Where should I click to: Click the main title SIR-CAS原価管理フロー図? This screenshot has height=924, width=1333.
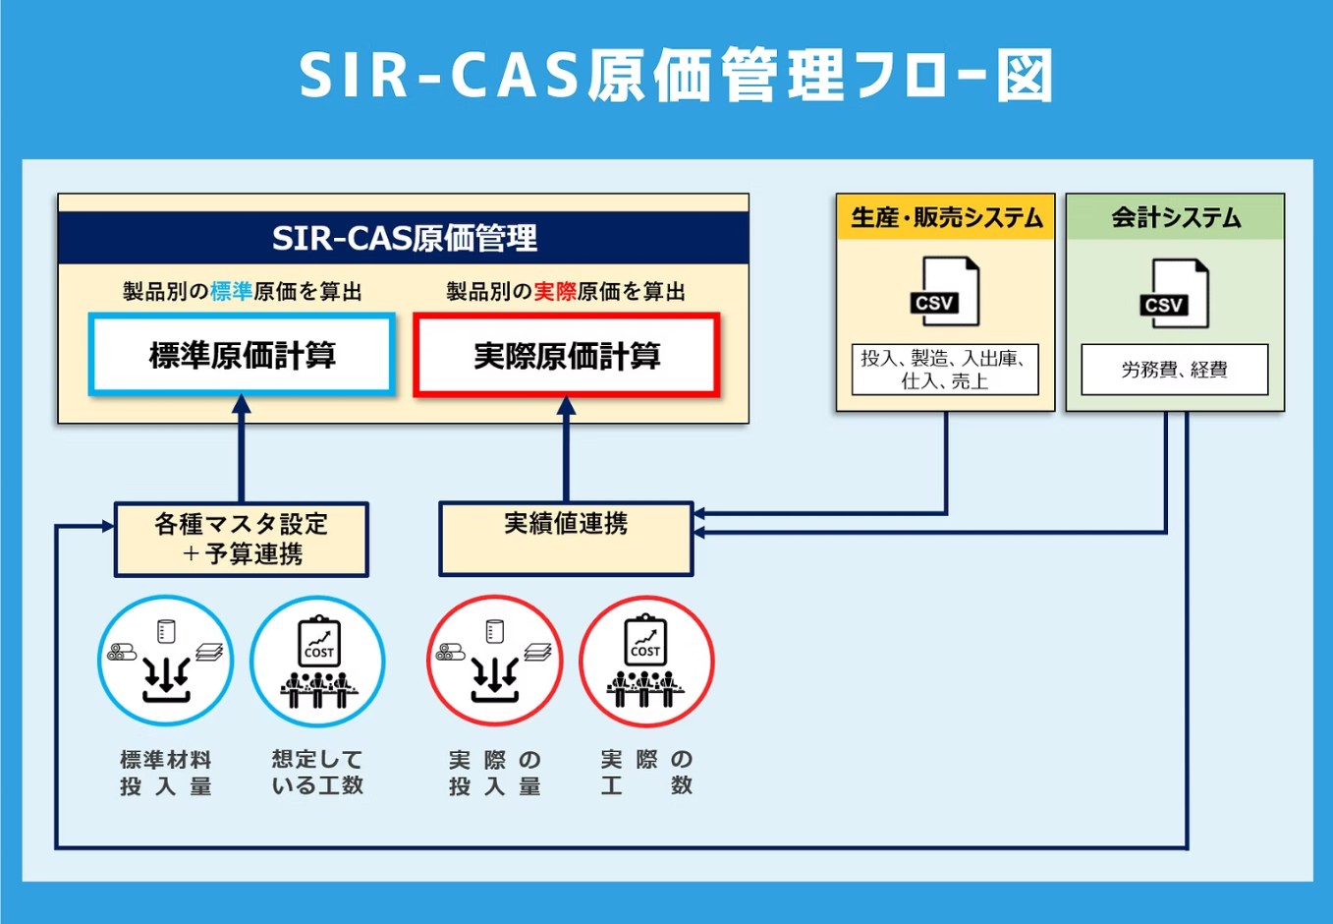[x=676, y=76]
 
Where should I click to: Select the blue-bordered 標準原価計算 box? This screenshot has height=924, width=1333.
[x=242, y=355]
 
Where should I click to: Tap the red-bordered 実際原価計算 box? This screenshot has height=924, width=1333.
[x=567, y=355]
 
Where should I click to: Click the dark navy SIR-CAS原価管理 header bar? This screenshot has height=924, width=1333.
[x=404, y=238]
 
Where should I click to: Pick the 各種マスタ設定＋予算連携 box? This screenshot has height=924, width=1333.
[x=242, y=539]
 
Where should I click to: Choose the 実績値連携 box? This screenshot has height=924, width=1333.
[x=566, y=539]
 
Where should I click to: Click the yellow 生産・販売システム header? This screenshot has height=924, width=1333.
[x=945, y=217]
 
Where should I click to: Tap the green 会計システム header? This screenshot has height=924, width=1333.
[x=1175, y=217]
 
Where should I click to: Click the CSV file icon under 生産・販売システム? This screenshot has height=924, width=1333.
[x=945, y=292]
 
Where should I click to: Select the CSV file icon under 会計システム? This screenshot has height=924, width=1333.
[x=1175, y=294]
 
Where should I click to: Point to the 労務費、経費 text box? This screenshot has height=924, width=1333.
[x=1175, y=370]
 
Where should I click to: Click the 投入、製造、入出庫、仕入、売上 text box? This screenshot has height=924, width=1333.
[x=945, y=370]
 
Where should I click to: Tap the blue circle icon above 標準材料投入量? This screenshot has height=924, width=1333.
[x=165, y=661]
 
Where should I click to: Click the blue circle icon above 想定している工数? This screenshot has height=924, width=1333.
[x=317, y=661]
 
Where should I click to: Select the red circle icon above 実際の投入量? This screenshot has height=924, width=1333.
[x=494, y=661]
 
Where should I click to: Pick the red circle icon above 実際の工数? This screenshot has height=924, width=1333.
[x=645, y=661]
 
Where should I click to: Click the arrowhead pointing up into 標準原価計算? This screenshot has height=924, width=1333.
[x=242, y=405]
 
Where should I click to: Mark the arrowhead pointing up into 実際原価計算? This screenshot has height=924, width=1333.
[x=566, y=405]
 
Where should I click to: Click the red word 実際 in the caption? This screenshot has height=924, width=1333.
[x=555, y=292]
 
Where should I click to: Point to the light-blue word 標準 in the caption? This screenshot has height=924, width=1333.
[x=231, y=292]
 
